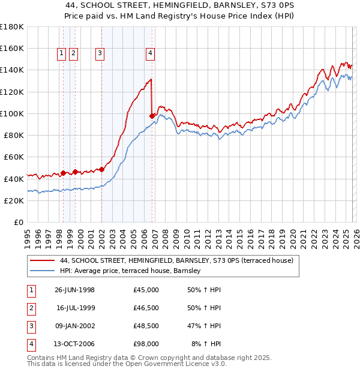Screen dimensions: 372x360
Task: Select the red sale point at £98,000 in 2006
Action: tap(152, 116)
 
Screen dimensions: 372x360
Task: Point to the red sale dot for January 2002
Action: tap(101, 170)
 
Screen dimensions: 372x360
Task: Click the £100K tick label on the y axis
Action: tap(12, 113)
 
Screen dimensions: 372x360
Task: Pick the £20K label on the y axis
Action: tap(14, 200)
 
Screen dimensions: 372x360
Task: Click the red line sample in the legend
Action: tap(40, 260)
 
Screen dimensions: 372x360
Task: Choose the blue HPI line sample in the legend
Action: tap(40, 271)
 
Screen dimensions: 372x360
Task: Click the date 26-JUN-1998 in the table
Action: tap(74, 290)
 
